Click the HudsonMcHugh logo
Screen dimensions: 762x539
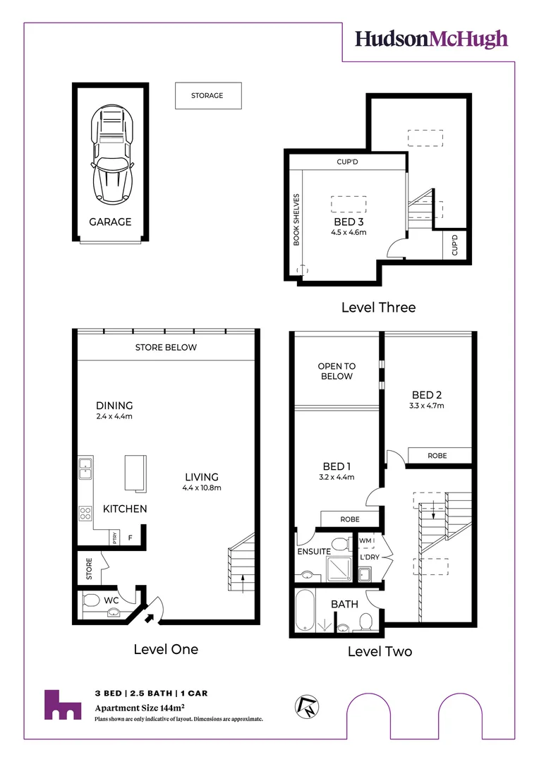(430, 38)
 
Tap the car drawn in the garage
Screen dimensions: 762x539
(112, 154)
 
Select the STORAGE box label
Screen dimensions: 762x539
(207, 96)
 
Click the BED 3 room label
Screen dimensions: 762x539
(349, 222)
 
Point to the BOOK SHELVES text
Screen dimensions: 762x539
(297, 219)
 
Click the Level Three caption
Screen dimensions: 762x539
(378, 308)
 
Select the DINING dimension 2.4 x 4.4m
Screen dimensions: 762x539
(114, 416)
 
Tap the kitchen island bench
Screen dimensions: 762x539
(135, 472)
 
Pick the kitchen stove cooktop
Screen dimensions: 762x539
(85, 514)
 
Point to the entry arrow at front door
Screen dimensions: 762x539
(149, 618)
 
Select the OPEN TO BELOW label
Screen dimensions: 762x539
(337, 371)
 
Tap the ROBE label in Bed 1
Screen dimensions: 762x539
(350, 519)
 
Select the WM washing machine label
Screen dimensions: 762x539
(365, 541)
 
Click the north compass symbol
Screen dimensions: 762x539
(308, 708)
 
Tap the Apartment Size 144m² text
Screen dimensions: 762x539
(140, 706)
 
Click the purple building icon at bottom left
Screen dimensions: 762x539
(63, 705)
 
